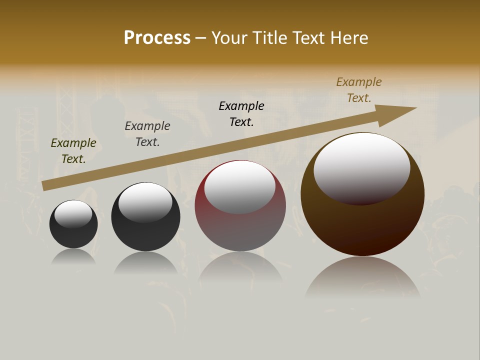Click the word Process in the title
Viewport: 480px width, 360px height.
157,38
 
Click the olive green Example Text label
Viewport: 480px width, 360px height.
73,151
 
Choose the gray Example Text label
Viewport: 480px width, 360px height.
147,134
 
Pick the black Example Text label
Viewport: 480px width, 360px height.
241,114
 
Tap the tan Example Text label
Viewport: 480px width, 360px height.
359,90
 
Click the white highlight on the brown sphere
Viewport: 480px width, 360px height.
362,165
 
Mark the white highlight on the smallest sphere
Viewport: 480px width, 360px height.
73,213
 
